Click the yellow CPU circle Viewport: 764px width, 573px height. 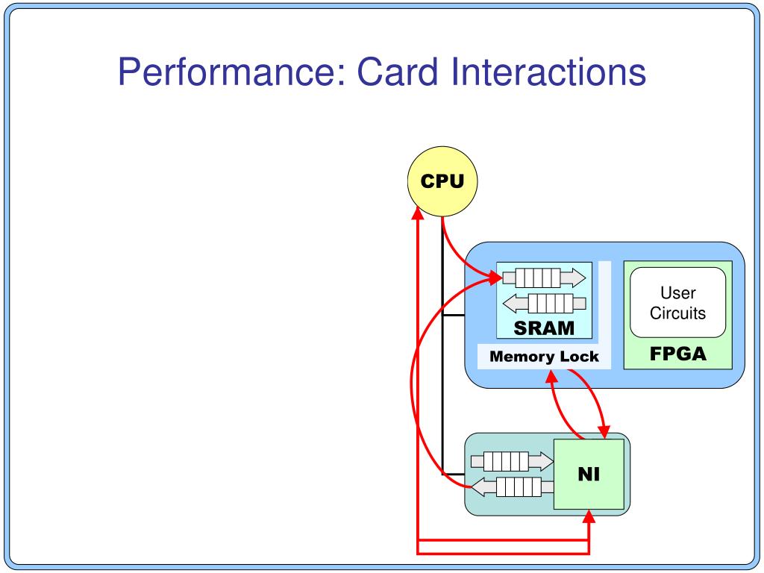click(442, 181)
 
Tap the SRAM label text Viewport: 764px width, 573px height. click(544, 328)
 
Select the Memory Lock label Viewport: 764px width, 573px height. click(544, 356)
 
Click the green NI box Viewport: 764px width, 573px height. click(589, 474)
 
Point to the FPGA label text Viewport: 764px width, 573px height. click(677, 354)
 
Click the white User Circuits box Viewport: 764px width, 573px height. click(677, 302)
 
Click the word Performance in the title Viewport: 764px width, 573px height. click(232, 72)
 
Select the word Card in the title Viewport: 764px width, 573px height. click(397, 72)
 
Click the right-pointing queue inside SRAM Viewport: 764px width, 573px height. click(544, 278)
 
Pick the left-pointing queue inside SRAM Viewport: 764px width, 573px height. click(544, 304)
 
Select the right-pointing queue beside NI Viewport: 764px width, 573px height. click(512, 461)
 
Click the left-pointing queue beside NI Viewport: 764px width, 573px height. click(512, 486)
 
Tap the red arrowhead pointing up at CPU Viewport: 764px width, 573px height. click(418, 213)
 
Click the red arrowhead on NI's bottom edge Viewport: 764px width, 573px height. click(589, 516)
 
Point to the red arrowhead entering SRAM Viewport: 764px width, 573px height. click(496, 278)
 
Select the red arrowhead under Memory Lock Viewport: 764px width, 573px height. click(551, 377)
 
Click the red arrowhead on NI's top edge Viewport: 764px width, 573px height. click(604, 432)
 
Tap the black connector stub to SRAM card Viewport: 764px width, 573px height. click(454, 316)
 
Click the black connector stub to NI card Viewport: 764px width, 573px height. click(454, 474)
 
